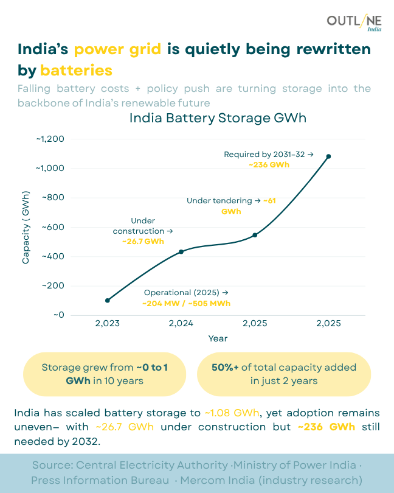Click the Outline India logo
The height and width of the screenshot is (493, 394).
pos(354,23)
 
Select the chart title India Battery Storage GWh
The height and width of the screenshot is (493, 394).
pos(218,118)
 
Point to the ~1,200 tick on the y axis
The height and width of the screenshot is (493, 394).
pos(50,139)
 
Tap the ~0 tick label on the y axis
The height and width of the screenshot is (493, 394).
pos(58,315)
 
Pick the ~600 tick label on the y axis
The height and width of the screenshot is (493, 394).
pos(52,227)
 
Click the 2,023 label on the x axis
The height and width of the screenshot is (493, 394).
pos(108,323)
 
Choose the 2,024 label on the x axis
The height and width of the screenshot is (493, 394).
pos(181,323)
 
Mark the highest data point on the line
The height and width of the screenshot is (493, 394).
pos(328,156)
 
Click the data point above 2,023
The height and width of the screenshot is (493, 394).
pos(108,300)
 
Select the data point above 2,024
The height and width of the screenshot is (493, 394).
pos(181,251)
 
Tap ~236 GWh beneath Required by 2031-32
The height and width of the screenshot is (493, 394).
pos(268,164)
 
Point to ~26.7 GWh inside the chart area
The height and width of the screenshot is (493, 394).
pos(143,241)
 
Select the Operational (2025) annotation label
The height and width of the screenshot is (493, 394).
pos(186,293)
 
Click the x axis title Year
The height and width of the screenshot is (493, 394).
pos(218,338)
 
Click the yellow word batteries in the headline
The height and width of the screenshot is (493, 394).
pos(76,69)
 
